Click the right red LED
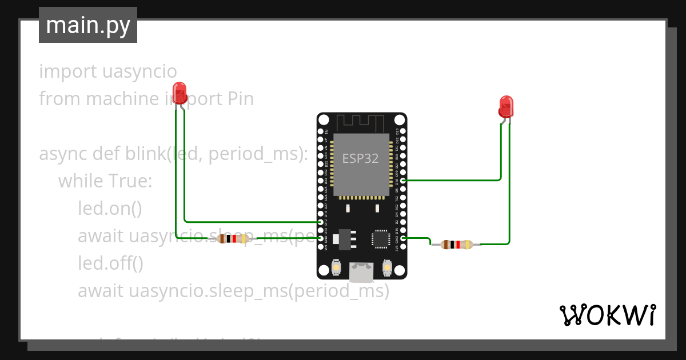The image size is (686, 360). [x=506, y=106]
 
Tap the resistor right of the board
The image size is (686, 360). [x=457, y=245]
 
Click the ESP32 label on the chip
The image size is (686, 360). [x=360, y=159]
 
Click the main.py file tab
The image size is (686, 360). [x=88, y=25]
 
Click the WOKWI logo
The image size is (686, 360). [x=607, y=315]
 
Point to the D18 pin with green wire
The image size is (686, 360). [x=404, y=181]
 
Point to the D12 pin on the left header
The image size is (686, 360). [x=321, y=222]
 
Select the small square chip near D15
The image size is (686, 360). [x=381, y=238]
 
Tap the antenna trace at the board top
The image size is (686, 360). [x=362, y=122]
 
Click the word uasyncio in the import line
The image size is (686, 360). [x=141, y=72]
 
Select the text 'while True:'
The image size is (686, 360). [x=105, y=181]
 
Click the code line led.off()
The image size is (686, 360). [x=110, y=263]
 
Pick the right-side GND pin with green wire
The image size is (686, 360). [x=404, y=238]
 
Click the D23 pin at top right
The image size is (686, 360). [x=404, y=131]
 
